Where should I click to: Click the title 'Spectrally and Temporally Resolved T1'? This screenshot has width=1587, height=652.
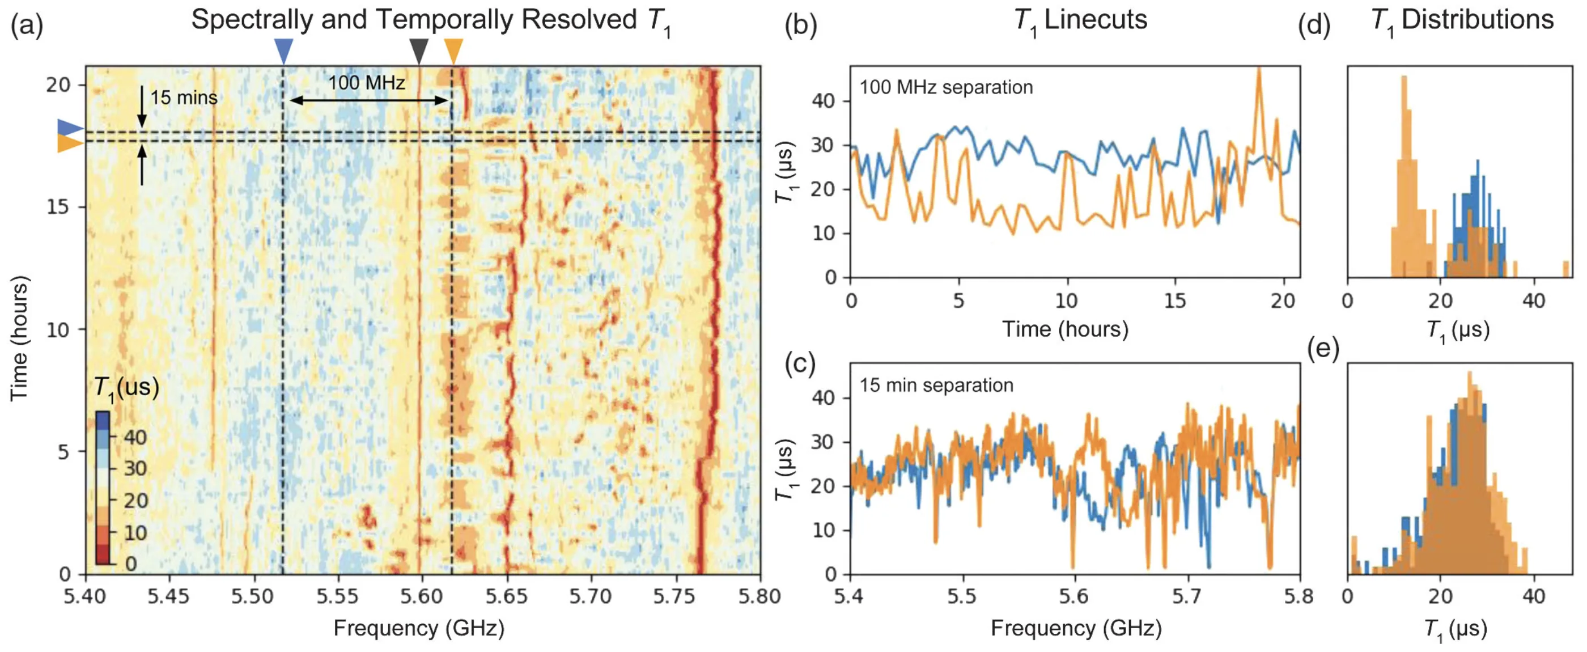(431, 21)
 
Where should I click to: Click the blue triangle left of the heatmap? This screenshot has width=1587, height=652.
(69, 128)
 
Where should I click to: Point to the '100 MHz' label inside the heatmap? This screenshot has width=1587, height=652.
(367, 82)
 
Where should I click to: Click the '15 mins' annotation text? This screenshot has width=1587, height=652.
(184, 98)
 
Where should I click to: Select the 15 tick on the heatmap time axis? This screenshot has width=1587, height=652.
(58, 206)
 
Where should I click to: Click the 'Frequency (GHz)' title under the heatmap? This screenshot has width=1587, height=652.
(419, 628)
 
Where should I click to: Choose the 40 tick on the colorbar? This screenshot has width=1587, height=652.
(135, 437)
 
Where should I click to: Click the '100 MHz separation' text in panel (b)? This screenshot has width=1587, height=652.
(947, 87)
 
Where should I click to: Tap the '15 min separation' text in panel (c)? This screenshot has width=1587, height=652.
(936, 385)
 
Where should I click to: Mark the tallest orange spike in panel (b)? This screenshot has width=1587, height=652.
(1259, 70)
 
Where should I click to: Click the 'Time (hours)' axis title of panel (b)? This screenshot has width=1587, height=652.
(1065, 329)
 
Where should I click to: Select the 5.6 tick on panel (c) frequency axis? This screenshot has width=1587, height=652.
(1075, 596)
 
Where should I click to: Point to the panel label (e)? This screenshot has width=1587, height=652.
(1323, 349)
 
